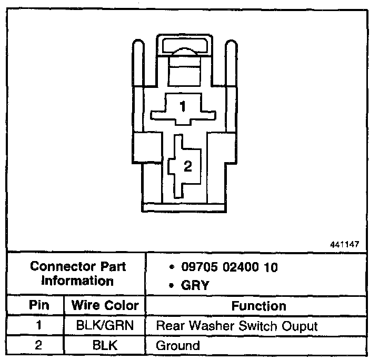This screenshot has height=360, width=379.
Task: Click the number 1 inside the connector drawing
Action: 183,107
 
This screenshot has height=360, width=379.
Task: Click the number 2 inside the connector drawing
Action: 187,166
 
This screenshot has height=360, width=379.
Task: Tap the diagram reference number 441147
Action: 345,245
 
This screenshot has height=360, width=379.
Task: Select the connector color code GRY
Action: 195,285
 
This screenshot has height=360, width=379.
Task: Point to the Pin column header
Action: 38,305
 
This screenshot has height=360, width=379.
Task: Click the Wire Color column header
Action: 105,305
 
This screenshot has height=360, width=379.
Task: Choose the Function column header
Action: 258,306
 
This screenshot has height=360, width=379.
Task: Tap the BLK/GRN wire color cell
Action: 105,325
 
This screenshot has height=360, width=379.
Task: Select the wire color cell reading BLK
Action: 105,345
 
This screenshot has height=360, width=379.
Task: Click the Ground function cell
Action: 178,346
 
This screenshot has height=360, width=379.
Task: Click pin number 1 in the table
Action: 38,325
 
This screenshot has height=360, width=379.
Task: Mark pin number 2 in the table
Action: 38,345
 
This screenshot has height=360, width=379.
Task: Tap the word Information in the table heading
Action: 78,281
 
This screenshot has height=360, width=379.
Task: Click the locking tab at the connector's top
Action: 184,46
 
